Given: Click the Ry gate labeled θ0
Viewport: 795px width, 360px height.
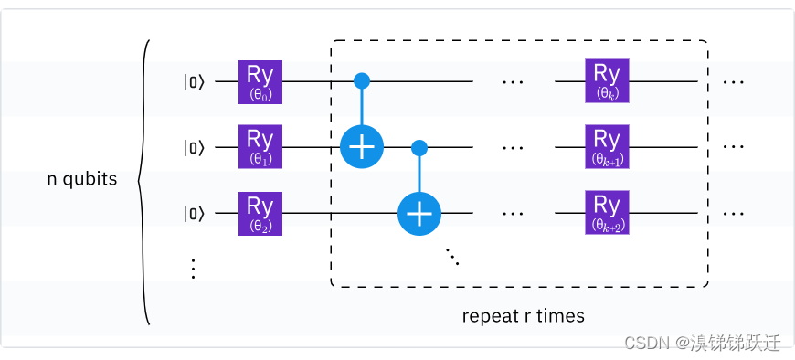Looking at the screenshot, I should click(x=260, y=81).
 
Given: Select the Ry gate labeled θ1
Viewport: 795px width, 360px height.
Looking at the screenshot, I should click(x=260, y=147).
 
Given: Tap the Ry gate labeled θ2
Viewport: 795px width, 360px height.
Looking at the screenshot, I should click(x=260, y=213).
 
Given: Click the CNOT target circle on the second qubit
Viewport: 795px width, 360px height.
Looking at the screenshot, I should click(x=362, y=147).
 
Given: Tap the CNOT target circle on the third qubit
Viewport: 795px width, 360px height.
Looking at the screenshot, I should click(x=419, y=213).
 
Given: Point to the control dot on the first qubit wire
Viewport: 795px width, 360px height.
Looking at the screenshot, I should click(x=362, y=81).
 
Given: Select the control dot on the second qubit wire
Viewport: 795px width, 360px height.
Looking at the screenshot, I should click(x=419, y=147).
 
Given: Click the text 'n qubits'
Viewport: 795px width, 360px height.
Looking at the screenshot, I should click(x=82, y=179).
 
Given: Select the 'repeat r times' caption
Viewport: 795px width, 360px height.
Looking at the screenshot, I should click(x=523, y=317).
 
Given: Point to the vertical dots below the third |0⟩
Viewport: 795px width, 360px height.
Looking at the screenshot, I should click(x=193, y=268).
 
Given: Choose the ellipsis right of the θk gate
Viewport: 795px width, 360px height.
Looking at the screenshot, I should click(x=733, y=81).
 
